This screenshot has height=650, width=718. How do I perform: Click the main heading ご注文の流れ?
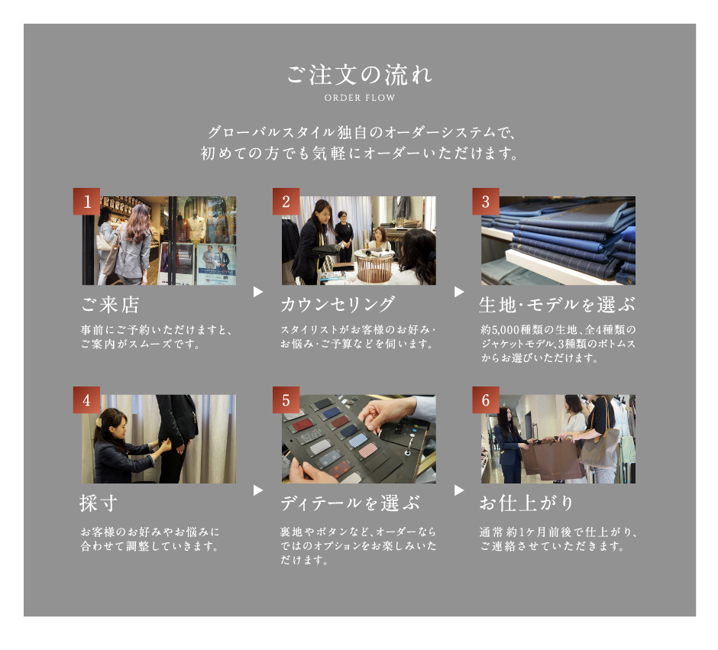360,75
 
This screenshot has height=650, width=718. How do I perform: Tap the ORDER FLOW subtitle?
360,98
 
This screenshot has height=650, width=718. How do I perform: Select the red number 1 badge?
86,201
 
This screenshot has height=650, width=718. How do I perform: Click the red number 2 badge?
286,201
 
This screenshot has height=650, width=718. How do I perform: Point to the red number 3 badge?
486,201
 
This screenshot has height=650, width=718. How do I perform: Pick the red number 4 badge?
86,399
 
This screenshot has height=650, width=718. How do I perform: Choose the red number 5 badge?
286,399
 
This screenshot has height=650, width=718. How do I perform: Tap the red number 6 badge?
486,399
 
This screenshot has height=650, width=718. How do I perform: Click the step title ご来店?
110,305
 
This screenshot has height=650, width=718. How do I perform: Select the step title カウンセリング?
338,305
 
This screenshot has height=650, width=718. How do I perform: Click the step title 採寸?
99,503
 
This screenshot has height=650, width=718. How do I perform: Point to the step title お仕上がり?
526,503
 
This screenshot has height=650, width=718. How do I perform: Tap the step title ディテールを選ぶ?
350,503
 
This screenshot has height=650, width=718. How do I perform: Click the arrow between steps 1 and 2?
258,292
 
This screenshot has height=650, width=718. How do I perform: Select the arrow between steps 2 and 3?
459,292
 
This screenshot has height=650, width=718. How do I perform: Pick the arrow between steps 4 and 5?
258,490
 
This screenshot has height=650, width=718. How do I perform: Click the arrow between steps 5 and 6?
459,490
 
